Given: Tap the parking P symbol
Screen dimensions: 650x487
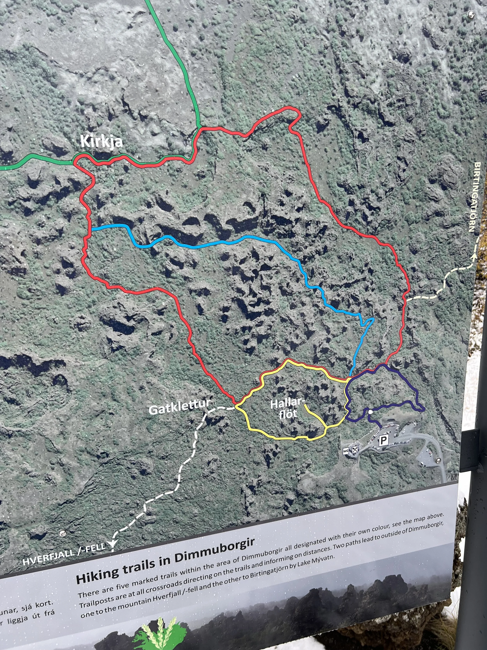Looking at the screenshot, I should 383,440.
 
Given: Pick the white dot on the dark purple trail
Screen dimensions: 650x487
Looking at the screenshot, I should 371,412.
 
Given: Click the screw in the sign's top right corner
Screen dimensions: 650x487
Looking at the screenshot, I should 471,14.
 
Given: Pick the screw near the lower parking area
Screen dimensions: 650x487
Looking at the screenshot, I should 438,460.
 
